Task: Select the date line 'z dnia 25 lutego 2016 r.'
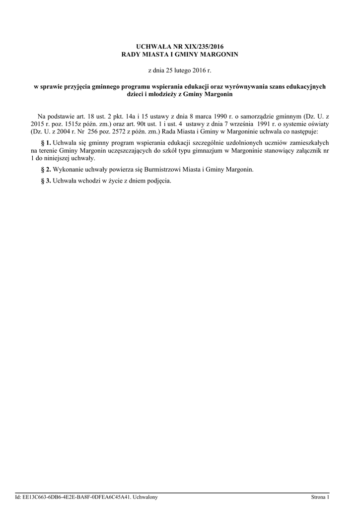click(180, 71)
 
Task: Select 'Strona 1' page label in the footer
click(320, 497)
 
